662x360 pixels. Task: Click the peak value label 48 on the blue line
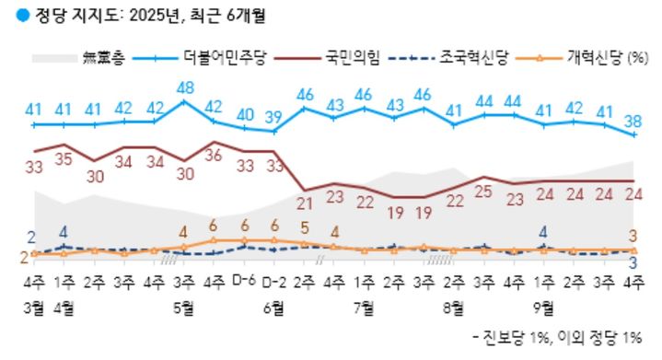point(184,87)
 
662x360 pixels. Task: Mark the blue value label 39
point(273,117)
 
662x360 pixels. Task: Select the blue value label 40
point(245,114)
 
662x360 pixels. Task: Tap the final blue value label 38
point(633,120)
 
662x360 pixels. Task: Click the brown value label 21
point(304,204)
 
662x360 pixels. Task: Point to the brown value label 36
point(215,156)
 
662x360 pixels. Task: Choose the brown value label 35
point(64,158)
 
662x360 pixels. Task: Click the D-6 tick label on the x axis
point(243,280)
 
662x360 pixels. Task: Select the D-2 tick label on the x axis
point(273,280)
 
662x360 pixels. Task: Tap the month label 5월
point(183,306)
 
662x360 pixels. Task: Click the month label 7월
point(363,306)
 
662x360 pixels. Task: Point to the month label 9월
point(543,306)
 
